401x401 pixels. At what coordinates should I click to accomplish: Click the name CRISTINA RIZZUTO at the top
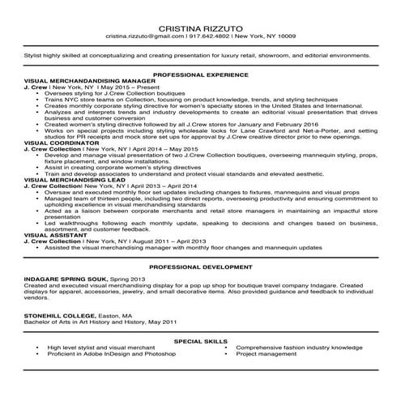point(200,26)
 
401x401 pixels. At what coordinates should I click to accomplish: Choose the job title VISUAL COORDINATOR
point(59,143)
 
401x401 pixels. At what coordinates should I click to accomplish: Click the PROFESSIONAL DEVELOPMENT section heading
point(200,267)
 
